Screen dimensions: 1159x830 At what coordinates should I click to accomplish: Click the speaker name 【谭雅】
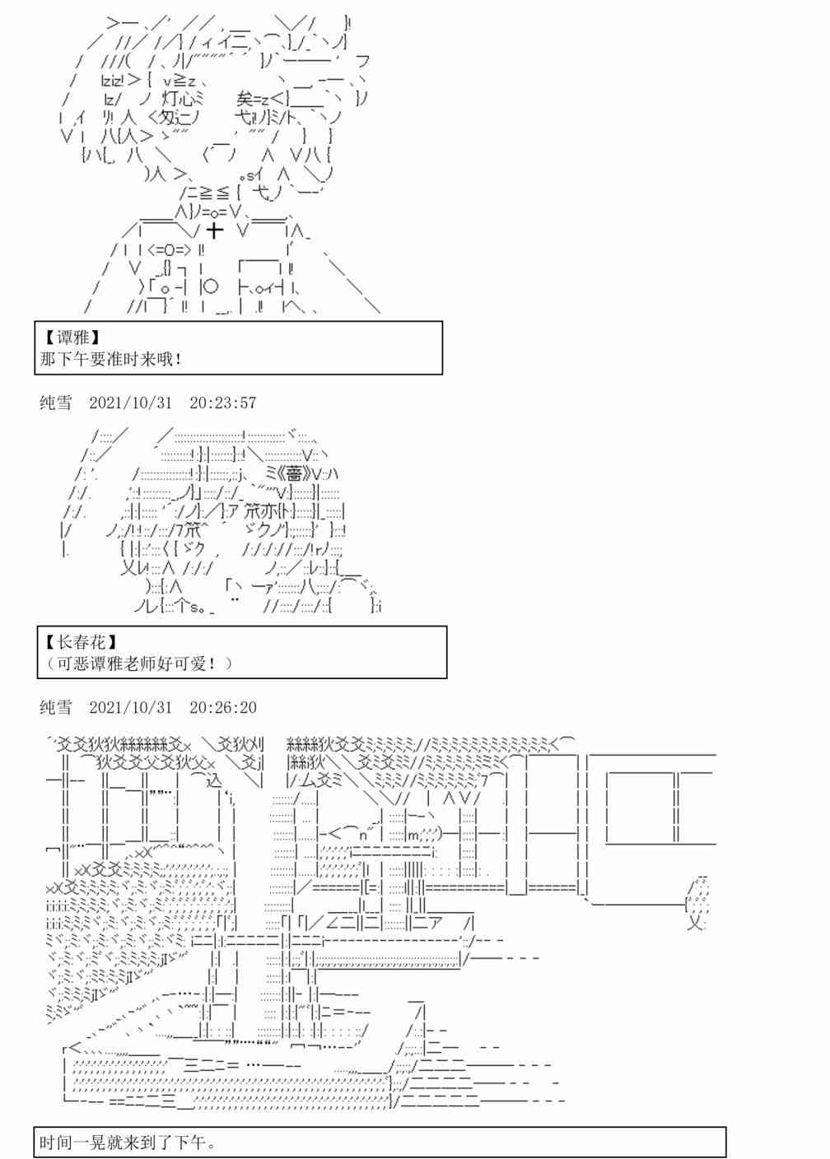[x=72, y=337]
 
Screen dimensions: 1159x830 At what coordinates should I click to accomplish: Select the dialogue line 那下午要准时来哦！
[x=111, y=359]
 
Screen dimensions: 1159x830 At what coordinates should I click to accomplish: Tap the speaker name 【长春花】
[x=80, y=641]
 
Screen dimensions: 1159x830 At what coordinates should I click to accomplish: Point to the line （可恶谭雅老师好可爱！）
[x=137, y=663]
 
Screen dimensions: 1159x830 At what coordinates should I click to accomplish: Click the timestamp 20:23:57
[x=222, y=403]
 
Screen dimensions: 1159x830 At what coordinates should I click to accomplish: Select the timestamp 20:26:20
[x=222, y=708]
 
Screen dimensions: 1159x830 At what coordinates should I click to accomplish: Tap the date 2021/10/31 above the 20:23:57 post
[x=131, y=403]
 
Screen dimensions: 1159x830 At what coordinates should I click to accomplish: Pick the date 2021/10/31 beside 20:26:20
[x=131, y=708]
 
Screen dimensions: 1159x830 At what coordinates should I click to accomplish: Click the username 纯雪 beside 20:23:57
[x=55, y=403]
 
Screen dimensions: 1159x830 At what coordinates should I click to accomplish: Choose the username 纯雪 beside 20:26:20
[x=55, y=708]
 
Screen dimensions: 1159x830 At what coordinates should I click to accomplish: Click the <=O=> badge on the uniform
[x=170, y=249]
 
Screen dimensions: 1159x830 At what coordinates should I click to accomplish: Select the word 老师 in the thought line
[x=137, y=663]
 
